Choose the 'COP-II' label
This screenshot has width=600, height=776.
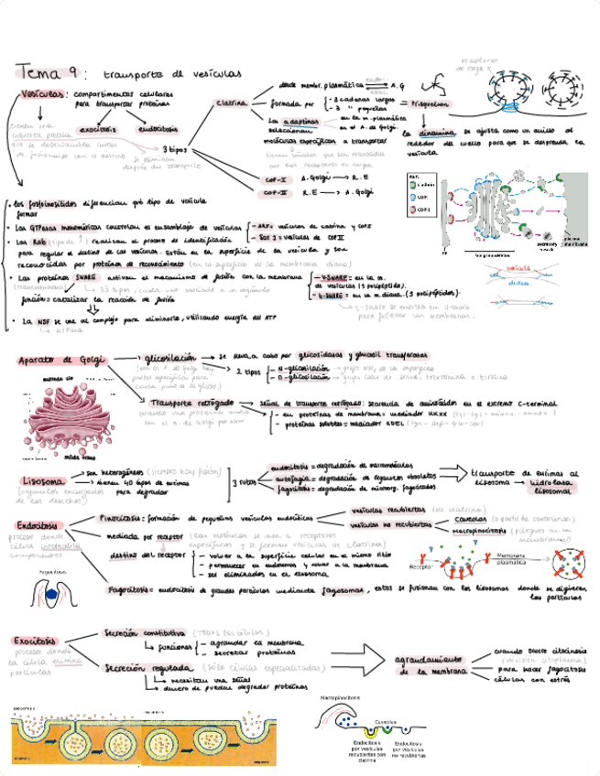[x=277, y=192]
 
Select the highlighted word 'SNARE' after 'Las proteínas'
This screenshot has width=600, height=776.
[x=87, y=276]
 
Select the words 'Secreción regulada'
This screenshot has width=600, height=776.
[x=137, y=668]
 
